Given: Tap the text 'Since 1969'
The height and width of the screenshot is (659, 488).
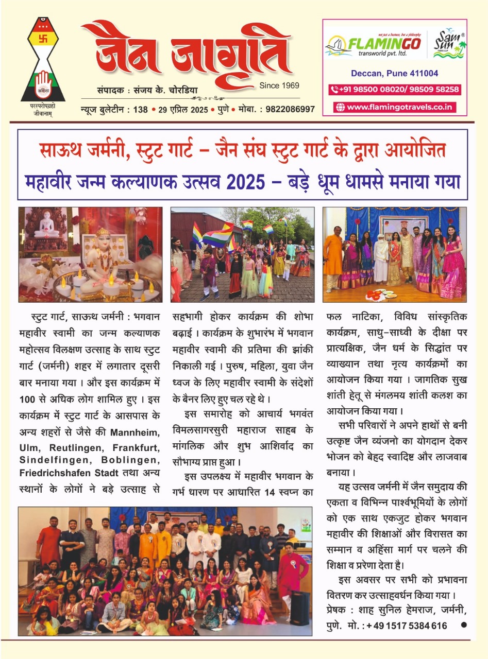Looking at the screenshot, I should tap(279, 85).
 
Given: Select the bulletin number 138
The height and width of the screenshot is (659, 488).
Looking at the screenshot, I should tap(140, 109).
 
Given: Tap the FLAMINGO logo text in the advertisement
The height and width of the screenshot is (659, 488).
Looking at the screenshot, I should tap(384, 44).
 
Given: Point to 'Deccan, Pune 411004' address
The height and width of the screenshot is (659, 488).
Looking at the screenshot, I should tap(395, 73).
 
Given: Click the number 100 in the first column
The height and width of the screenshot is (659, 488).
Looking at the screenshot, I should tap(27, 398).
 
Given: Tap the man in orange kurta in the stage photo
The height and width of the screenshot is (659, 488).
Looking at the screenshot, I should tap(333, 259).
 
